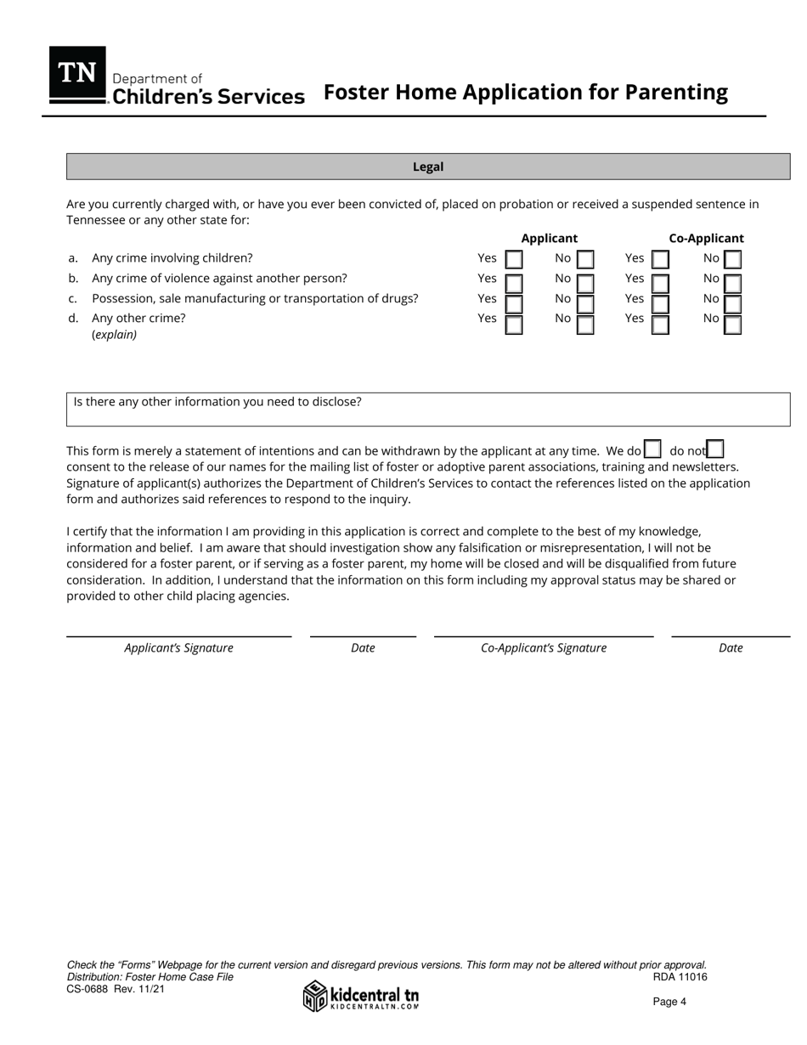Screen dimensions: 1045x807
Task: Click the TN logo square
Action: pyautogui.click(x=77, y=75)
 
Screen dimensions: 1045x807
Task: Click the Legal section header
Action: pyautogui.click(x=428, y=167)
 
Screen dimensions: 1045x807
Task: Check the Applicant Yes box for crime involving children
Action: pyautogui.click(x=513, y=259)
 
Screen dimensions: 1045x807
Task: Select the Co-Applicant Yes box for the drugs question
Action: pyautogui.click(x=660, y=302)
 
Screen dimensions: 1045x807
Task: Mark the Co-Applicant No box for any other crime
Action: pyautogui.click(x=732, y=324)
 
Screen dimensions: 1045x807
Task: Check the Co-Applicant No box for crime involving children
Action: pyautogui.click(x=732, y=259)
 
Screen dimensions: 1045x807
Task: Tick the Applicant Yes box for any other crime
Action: pyautogui.click(x=513, y=324)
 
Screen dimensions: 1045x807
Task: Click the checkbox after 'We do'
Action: pyautogui.click(x=652, y=449)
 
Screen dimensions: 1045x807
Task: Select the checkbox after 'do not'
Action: pyautogui.click(x=715, y=449)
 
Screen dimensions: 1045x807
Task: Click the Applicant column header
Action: pyautogui.click(x=549, y=239)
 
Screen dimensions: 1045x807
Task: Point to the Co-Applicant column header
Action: pyautogui.click(x=706, y=239)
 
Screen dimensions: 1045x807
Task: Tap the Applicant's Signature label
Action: pyautogui.click(x=178, y=648)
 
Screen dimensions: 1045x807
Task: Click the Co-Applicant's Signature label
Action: pyautogui.click(x=544, y=648)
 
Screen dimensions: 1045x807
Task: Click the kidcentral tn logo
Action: pyautogui.click(x=361, y=996)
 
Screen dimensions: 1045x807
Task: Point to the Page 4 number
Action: pyautogui.click(x=669, y=1002)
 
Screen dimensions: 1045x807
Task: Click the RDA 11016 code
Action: pyautogui.click(x=680, y=977)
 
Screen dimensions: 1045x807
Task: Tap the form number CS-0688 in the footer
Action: pyautogui.click(x=87, y=989)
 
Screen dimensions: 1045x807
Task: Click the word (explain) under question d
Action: pyautogui.click(x=115, y=335)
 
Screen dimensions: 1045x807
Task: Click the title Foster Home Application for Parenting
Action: pyautogui.click(x=526, y=93)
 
